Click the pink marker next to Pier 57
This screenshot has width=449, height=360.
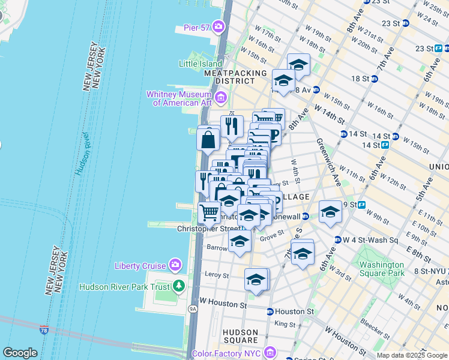218,26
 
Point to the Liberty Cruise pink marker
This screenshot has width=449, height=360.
175,265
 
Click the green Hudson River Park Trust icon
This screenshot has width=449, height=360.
178,286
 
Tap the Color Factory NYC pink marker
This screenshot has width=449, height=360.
270,352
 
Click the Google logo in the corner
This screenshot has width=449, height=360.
20,352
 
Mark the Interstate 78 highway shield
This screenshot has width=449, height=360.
44,330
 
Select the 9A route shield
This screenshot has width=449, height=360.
193,309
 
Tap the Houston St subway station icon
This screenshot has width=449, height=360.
270,311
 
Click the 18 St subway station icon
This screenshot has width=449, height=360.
374,79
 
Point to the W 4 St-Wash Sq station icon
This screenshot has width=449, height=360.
338,240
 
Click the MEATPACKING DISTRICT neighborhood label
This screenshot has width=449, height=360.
231,76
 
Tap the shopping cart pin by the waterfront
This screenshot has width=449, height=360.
209,212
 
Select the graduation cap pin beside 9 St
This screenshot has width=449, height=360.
330,211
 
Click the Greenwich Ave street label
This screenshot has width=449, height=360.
330,158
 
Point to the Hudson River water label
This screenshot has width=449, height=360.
84,153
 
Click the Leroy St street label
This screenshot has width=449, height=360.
217,275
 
